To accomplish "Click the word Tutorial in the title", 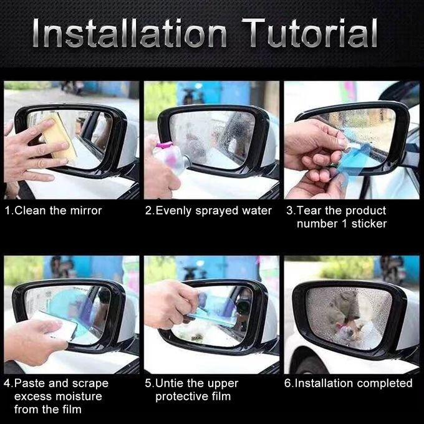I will (x=310, y=34).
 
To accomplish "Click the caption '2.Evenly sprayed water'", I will (x=208, y=211).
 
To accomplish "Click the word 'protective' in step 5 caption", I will (x=181, y=396).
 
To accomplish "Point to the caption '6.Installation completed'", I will (x=349, y=383).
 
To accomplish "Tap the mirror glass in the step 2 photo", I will (x=212, y=137).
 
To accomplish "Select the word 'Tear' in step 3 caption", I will (x=307, y=211).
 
